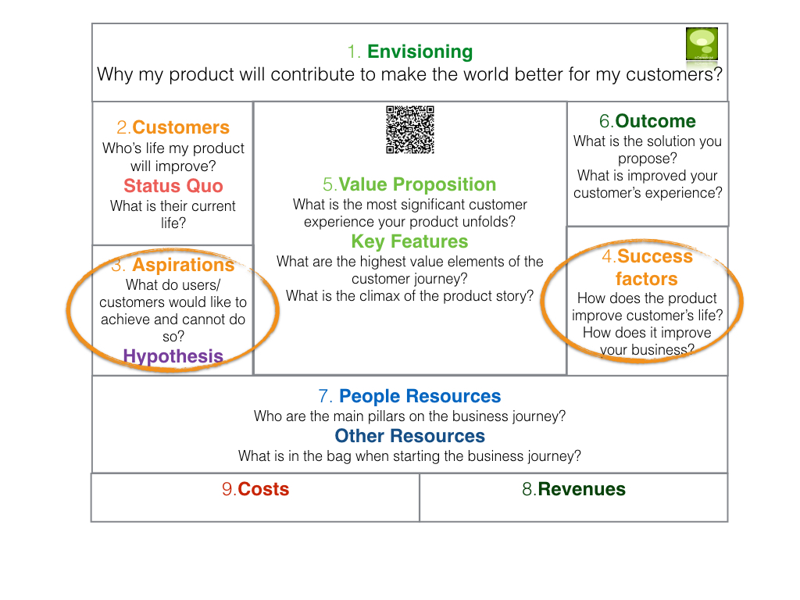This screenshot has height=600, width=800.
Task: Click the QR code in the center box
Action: [409, 130]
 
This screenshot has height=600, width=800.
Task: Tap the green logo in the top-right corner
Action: [702, 44]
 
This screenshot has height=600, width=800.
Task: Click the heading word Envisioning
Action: [420, 52]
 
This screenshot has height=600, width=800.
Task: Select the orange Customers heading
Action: [181, 127]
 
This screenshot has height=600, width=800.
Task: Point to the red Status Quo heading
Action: [173, 186]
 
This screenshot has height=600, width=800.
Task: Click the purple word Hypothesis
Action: [173, 356]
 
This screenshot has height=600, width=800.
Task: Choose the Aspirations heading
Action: [183, 265]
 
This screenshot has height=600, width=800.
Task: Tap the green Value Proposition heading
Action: [417, 184]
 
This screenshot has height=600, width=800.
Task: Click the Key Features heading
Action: [409, 241]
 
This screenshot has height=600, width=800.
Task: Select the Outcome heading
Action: [655, 121]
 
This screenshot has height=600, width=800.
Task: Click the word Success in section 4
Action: [655, 256]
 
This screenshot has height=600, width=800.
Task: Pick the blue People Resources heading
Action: [420, 396]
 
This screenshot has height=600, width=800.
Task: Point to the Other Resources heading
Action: [409, 436]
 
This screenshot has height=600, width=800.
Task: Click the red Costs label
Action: [263, 489]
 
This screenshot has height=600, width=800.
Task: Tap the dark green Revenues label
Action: [581, 489]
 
